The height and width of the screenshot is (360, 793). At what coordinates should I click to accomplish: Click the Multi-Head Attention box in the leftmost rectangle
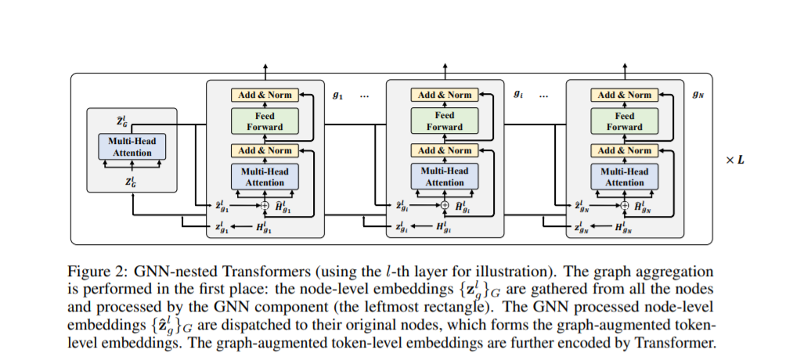click(132, 146)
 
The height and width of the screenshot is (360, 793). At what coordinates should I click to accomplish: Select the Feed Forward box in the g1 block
click(265, 121)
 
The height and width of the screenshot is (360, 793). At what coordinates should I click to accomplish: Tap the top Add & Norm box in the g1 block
click(265, 95)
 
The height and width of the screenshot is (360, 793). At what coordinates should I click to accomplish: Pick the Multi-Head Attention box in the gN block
click(625, 177)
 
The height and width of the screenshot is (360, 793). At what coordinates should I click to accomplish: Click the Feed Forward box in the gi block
click(445, 121)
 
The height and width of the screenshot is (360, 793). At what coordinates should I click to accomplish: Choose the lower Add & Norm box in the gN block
click(625, 150)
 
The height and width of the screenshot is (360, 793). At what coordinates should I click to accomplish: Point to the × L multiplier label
click(735, 160)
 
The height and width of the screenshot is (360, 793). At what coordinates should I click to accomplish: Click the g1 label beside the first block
click(337, 95)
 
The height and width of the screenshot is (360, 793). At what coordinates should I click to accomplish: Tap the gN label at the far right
click(698, 95)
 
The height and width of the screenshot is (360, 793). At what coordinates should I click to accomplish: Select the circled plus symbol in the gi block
click(445, 205)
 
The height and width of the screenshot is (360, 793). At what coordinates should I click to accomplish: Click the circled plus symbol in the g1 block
click(265, 205)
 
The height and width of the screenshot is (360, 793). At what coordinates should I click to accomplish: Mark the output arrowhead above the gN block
click(625, 67)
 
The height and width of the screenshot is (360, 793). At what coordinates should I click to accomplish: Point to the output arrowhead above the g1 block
click(265, 67)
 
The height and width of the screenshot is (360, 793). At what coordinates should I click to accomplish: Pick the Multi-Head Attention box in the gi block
click(445, 177)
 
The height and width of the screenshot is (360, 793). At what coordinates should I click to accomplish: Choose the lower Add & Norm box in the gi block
click(445, 150)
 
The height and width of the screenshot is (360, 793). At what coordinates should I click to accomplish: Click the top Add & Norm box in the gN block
click(625, 95)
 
